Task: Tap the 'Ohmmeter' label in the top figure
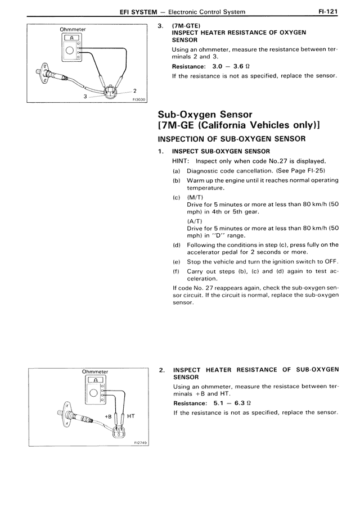point(71,29)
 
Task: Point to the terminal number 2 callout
point(136,90)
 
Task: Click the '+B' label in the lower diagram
point(109,416)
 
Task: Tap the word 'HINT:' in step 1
point(180,161)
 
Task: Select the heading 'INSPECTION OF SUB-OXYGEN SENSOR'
point(232,138)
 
